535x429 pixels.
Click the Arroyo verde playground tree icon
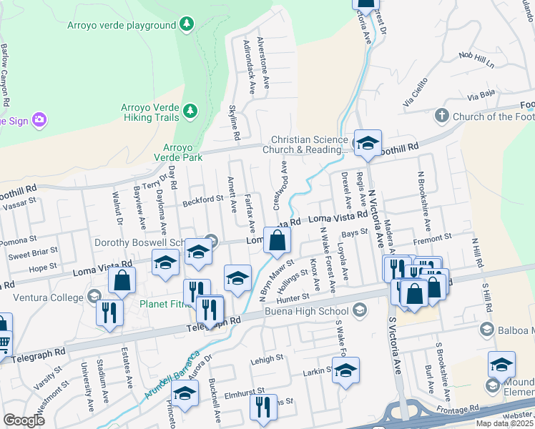tap(187, 25)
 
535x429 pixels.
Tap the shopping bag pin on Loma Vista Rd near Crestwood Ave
tap(277, 242)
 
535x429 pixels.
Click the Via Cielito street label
tap(419, 99)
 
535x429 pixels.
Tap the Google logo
tap(24, 420)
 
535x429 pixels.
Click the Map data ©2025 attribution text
tap(505, 423)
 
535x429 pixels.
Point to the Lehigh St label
tap(268, 360)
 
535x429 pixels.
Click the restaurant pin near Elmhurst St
tap(262, 407)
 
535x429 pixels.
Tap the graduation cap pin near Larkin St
tap(346, 370)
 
